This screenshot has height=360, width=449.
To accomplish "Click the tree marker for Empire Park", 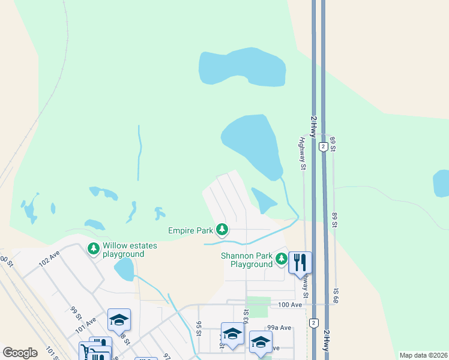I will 222,229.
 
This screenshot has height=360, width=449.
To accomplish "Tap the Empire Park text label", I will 191,230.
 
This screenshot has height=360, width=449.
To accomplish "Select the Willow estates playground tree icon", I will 93,248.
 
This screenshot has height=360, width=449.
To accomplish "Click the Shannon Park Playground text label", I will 247,260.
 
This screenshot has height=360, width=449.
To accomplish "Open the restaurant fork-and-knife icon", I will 300,262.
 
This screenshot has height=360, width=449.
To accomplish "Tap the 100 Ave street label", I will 290,305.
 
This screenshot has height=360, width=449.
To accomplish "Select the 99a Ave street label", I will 279,328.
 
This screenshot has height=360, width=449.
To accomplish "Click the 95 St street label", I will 198,329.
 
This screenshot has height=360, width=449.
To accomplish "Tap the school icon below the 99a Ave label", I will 260,341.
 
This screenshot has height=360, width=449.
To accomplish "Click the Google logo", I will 20,353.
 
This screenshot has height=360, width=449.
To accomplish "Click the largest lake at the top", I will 243,68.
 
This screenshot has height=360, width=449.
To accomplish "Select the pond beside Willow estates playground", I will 124,269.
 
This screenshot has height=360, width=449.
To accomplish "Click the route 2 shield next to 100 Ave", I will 313,323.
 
